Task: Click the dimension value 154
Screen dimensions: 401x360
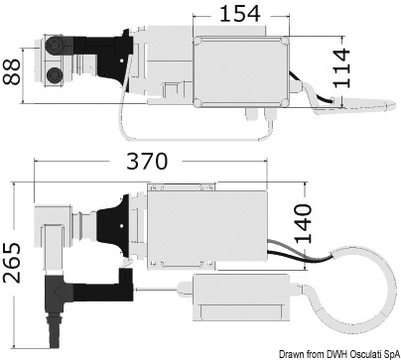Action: (240, 14)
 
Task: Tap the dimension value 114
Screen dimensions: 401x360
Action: (341, 68)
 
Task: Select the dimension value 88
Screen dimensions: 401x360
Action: (12, 71)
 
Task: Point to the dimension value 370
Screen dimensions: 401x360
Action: (147, 162)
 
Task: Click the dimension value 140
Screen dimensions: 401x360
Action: (303, 223)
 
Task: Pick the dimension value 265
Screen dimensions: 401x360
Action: (12, 263)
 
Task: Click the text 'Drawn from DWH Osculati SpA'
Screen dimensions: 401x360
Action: (339, 354)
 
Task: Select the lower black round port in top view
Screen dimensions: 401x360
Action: (54, 75)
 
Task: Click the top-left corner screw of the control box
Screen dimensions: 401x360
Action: (198, 42)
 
